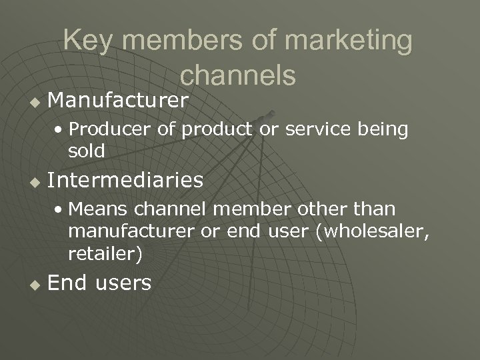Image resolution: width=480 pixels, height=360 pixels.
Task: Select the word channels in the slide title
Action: pos(238,75)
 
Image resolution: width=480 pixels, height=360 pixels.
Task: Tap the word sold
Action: pos(87,151)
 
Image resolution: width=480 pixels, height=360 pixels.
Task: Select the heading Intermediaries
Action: pos(126,179)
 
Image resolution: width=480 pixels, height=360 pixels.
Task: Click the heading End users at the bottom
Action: pos(100,283)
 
